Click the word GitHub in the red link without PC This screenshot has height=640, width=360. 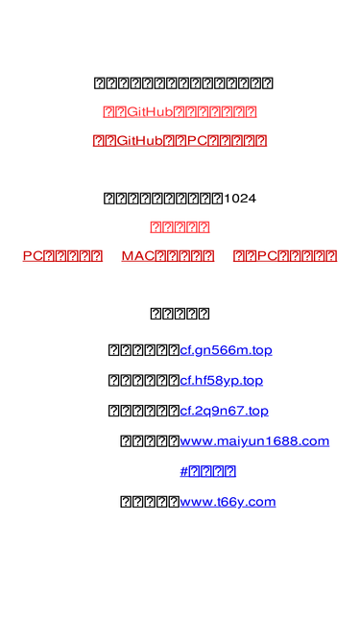click(149, 112)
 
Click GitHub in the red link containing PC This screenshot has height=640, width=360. click(137, 141)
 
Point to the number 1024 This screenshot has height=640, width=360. click(239, 199)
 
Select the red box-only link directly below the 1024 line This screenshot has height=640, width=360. click(180, 227)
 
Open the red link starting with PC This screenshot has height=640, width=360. click(62, 256)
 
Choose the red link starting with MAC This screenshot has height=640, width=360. click(168, 256)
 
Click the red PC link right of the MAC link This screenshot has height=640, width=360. click(285, 256)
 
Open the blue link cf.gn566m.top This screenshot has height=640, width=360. click(226, 349)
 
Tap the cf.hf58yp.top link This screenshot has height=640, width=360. click(221, 380)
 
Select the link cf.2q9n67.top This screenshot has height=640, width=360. click(224, 411)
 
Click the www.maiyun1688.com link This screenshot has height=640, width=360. click(254, 441)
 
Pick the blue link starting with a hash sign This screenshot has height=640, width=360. click(207, 471)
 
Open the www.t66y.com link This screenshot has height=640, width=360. click(228, 501)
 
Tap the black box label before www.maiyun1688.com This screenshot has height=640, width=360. click(149, 441)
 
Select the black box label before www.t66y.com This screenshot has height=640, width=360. click(149, 501)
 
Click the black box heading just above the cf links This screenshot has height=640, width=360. click(180, 314)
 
